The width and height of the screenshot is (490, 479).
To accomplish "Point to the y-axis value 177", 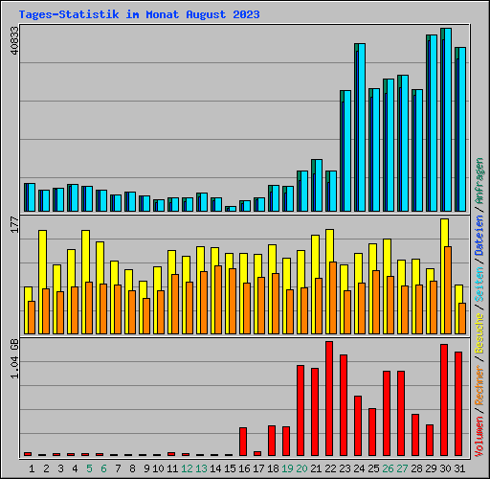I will click(13, 224).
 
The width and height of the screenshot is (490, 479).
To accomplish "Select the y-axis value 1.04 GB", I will click(13, 357).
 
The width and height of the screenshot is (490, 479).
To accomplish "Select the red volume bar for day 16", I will click(243, 442).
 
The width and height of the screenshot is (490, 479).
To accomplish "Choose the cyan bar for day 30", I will click(446, 120).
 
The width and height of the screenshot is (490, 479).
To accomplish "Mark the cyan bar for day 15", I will click(231, 208).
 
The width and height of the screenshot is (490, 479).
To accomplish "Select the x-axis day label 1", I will click(32, 468).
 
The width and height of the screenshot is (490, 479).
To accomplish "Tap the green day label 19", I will click(286, 468).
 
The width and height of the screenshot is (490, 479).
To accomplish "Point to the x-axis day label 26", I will click(387, 468).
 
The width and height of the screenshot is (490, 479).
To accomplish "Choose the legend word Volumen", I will click(479, 431).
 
